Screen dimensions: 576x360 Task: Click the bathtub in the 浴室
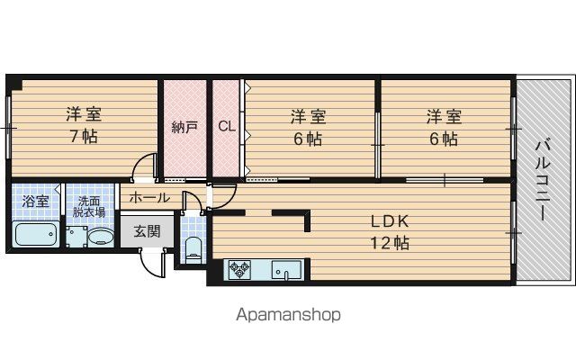[x=36, y=234]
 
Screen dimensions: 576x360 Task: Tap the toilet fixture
[x=193, y=250]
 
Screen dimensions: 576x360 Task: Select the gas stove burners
[x=239, y=270]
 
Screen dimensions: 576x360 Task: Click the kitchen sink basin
[x=286, y=270]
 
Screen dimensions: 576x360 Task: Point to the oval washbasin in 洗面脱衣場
[x=100, y=237]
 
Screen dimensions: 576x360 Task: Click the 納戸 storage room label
[x=184, y=127]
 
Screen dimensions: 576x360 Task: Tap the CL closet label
[x=227, y=126]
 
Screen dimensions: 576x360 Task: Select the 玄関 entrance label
[x=147, y=231]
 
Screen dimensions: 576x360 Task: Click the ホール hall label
[x=149, y=198]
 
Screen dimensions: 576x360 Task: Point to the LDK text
[x=390, y=221]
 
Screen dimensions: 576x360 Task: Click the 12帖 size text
[x=390, y=243]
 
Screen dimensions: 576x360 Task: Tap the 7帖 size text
[x=84, y=137]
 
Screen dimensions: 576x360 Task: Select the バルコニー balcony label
[x=542, y=180]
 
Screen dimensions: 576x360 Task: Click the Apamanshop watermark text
[x=288, y=315]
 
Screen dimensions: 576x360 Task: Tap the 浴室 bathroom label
[x=35, y=202]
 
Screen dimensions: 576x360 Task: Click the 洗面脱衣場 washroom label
[x=89, y=207]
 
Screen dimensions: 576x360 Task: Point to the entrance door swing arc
[x=150, y=268]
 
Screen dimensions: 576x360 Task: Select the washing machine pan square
[x=76, y=237]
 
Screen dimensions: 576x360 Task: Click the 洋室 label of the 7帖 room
[x=84, y=114]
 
